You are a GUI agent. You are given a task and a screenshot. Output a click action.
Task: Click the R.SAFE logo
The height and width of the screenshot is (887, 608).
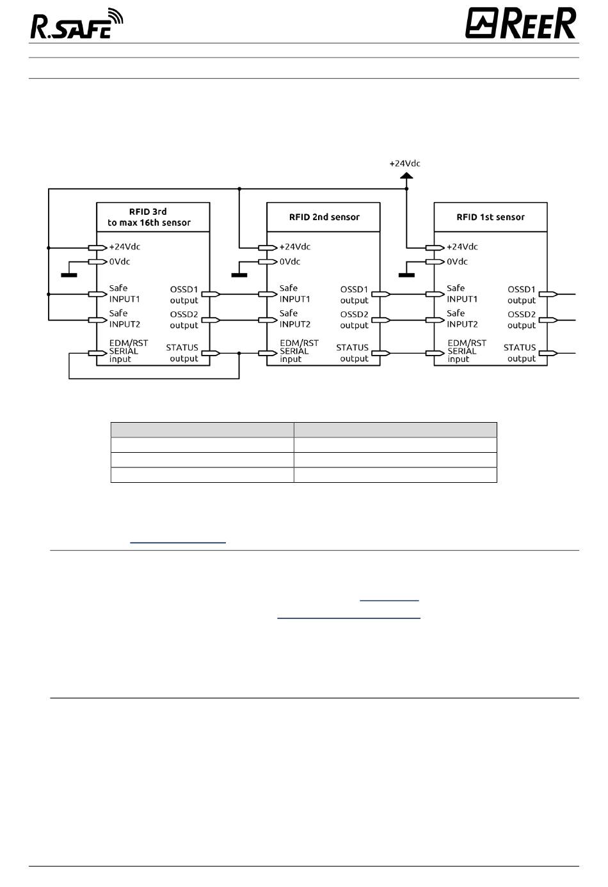(x=77, y=24)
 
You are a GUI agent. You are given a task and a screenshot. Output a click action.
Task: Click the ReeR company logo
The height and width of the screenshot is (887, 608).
(x=520, y=23)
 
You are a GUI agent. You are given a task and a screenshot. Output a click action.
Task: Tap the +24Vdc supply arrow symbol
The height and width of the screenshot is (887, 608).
(x=406, y=176)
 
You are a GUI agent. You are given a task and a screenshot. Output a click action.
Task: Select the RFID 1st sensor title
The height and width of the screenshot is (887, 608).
(x=490, y=217)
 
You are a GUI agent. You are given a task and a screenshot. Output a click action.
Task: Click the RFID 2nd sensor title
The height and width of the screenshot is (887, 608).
(x=324, y=217)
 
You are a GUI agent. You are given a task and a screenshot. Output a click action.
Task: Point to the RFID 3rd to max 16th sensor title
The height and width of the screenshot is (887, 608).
(x=149, y=217)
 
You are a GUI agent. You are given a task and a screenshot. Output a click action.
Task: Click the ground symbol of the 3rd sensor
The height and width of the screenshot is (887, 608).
(x=69, y=275)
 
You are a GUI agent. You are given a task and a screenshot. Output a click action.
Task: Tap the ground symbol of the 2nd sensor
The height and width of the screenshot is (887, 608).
(x=239, y=275)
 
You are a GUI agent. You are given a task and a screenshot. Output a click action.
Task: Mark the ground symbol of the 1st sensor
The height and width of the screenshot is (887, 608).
(x=406, y=275)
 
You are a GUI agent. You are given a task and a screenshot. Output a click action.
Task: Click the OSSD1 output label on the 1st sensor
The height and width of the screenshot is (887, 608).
(x=522, y=295)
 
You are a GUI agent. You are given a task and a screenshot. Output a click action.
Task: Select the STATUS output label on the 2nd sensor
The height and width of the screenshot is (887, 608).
(x=353, y=353)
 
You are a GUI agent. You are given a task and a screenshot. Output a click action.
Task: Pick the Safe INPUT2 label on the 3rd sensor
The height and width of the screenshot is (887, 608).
(x=124, y=318)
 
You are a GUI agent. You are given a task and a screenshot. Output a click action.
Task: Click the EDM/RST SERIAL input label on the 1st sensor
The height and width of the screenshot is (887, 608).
(x=467, y=351)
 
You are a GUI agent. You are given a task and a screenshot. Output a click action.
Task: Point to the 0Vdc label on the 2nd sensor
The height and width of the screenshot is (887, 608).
(x=290, y=262)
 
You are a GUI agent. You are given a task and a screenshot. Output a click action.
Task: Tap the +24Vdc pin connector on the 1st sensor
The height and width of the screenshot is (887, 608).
(x=435, y=248)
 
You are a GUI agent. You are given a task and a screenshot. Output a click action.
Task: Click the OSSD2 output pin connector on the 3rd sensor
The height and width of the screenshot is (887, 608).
(x=211, y=320)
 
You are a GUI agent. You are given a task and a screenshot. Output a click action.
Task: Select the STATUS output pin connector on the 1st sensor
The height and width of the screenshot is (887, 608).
(x=548, y=353)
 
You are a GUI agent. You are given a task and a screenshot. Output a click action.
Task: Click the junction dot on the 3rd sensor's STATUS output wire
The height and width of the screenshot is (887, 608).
(x=239, y=353)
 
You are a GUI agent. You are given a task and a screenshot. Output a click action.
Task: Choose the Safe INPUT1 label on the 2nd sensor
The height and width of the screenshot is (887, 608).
(x=294, y=294)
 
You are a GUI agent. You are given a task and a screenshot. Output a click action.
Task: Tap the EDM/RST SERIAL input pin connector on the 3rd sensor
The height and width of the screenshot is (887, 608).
(x=97, y=353)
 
